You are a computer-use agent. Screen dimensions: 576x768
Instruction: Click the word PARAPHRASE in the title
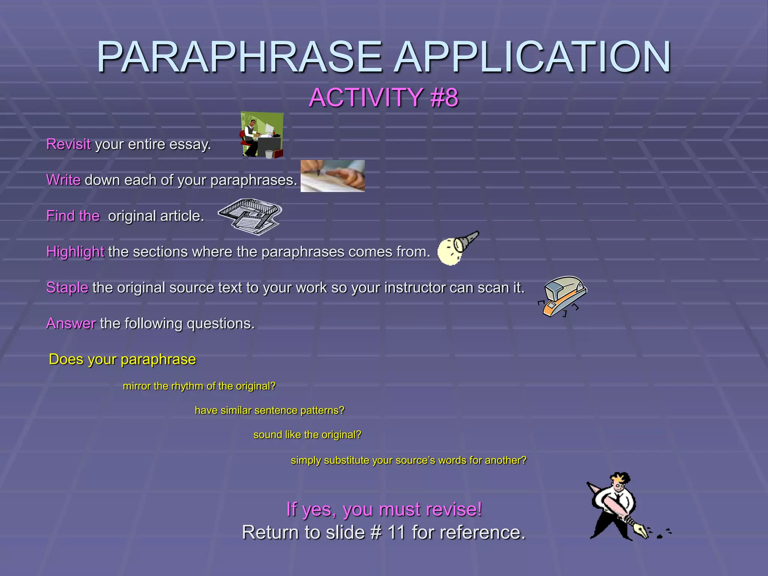coord(240,57)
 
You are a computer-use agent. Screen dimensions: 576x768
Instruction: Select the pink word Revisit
coord(68,144)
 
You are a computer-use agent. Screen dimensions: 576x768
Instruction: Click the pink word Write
coord(63,180)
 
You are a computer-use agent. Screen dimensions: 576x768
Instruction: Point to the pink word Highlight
coord(75,252)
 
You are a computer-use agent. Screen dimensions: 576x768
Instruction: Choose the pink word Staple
coord(67,288)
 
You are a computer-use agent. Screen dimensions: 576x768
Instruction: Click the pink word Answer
coord(71,323)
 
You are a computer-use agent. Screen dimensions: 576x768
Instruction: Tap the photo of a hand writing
coord(333,176)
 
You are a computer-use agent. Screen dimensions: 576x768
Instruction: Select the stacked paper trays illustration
coord(250,217)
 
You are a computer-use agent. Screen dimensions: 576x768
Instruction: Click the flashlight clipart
coord(458,247)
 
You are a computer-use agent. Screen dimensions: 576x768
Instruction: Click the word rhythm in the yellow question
coord(187,386)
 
